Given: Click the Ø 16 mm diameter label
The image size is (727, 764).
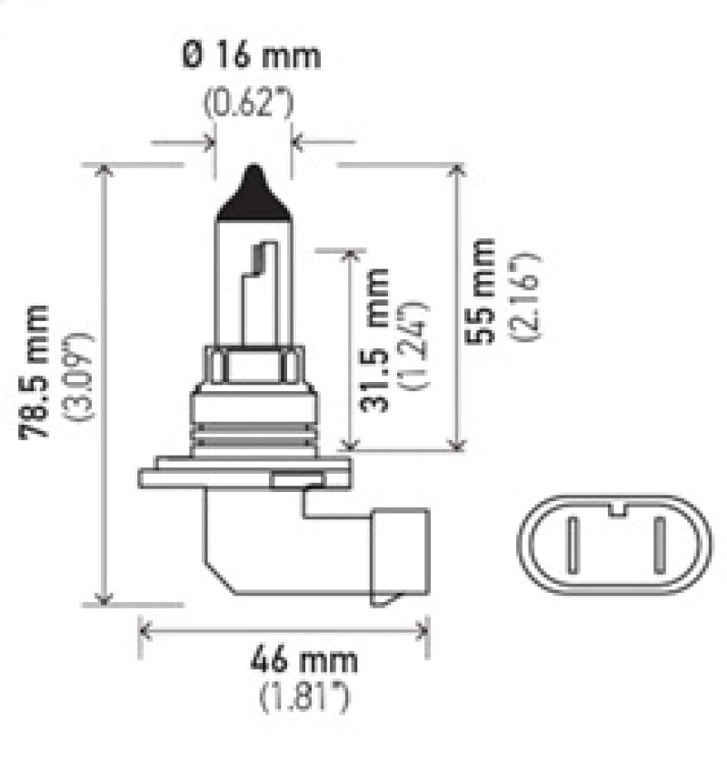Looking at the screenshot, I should click(252, 56).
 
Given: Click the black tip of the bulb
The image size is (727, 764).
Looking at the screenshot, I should click(253, 193).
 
